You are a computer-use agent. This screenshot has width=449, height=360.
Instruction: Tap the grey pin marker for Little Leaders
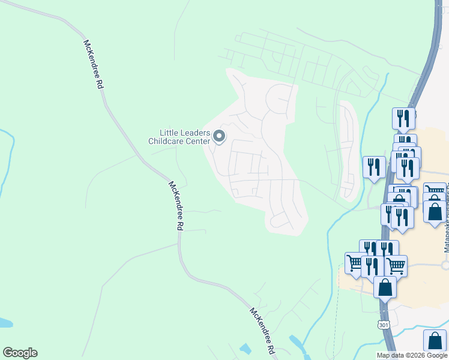pos(219,137)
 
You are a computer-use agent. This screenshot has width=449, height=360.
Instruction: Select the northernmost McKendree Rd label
pos(93,65)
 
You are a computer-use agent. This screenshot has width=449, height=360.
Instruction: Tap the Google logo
pos(20,353)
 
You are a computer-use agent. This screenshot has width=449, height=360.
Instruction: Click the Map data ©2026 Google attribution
pos(412,355)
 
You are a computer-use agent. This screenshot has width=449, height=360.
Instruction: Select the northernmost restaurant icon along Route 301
pos(403,118)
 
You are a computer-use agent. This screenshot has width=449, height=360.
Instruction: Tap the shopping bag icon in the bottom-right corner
pos(434,340)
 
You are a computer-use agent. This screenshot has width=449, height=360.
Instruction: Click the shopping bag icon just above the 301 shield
pos(385,287)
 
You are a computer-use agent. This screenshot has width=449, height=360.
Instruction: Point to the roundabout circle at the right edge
pos(446,265)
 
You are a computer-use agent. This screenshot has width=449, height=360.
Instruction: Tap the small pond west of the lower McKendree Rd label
pos(245,349)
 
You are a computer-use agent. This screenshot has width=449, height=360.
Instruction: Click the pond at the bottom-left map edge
pos(5,323)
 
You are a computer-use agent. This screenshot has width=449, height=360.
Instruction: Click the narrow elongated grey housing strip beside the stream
pos(348,150)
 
